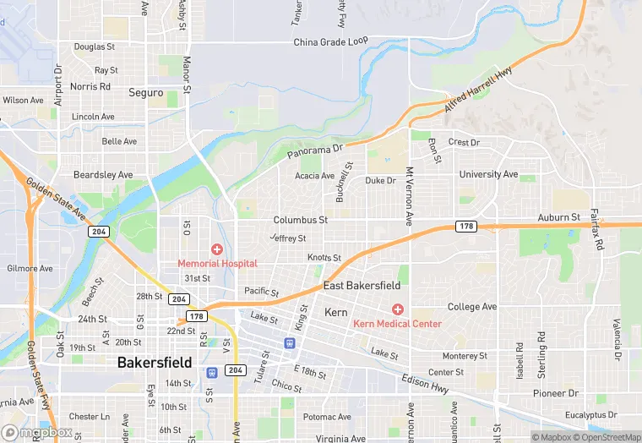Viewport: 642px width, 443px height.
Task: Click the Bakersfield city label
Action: tap(155, 363)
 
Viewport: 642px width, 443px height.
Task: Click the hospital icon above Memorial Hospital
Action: tap(217, 249)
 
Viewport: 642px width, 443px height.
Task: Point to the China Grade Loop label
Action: tap(331, 41)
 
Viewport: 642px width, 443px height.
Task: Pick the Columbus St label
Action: tap(300, 220)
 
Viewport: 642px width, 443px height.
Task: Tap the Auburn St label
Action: tap(559, 217)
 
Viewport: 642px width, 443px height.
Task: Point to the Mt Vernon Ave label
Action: tap(409, 195)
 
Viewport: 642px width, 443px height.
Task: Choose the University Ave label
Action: tap(488, 174)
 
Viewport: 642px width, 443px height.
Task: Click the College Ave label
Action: tap(471, 307)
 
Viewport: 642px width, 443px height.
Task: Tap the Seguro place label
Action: tap(145, 92)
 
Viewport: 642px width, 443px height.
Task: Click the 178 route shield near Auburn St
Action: tap(465, 226)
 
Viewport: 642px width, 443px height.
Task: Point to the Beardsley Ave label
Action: tap(103, 175)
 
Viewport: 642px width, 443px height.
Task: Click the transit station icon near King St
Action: tap(290, 343)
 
